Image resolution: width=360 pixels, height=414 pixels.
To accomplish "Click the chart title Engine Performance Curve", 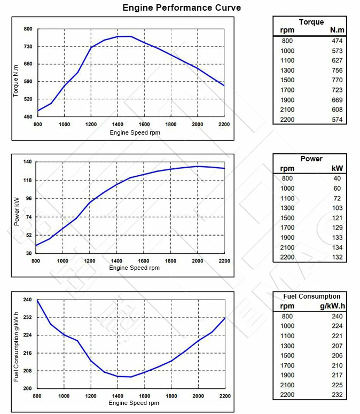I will point(182,7).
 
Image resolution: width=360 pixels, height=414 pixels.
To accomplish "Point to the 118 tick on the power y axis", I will point(27,180).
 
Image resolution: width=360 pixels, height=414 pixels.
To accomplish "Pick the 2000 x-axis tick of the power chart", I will point(197,261).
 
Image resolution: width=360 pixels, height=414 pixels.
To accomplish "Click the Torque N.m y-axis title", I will point(16,80).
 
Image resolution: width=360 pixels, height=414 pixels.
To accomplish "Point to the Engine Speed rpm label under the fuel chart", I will point(134,403).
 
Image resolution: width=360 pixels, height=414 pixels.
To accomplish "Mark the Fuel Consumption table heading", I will point(311,296).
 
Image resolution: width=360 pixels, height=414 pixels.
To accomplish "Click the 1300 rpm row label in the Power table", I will point(287,208).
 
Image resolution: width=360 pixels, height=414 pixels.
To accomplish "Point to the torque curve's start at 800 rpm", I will point(38,111).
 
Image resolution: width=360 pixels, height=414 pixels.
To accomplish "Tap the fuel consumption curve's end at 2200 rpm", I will point(224,318).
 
